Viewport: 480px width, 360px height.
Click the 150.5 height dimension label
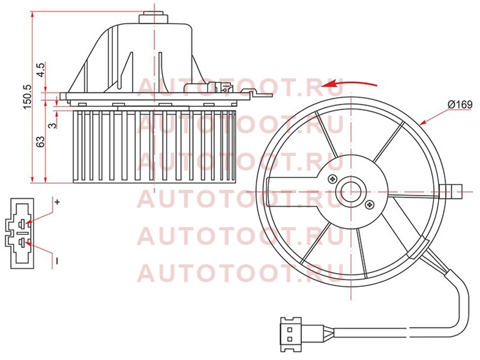pos(27,97)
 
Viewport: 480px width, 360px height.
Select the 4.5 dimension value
pos(41,70)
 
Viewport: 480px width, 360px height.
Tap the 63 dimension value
pos(40,142)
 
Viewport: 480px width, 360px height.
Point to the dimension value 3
pos(53,125)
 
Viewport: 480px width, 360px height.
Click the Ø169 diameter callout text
pos(460,104)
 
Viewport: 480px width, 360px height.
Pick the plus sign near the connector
pos(57,202)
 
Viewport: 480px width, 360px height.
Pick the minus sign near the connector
pos(57,260)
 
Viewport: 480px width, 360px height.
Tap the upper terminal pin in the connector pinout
pos(23,224)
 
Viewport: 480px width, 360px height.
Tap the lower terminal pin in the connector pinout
pos(22,243)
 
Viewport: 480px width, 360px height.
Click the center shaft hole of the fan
pos(351,192)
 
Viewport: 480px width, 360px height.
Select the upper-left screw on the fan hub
pos(332,179)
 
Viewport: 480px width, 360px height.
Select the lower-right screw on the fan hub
pos(370,205)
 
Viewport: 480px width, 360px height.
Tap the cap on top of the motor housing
pos(154,17)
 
